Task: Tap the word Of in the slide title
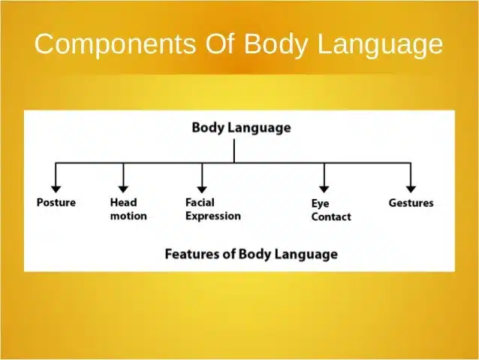[x=221, y=44]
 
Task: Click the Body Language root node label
[x=241, y=128]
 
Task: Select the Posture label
[x=56, y=203]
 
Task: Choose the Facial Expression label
[x=212, y=209]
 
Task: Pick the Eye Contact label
[x=330, y=210]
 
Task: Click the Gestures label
[x=411, y=203]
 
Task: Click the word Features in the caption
[x=191, y=253]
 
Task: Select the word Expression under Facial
[x=212, y=216]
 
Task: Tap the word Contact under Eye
[x=330, y=217]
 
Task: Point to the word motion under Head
[x=128, y=216]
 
